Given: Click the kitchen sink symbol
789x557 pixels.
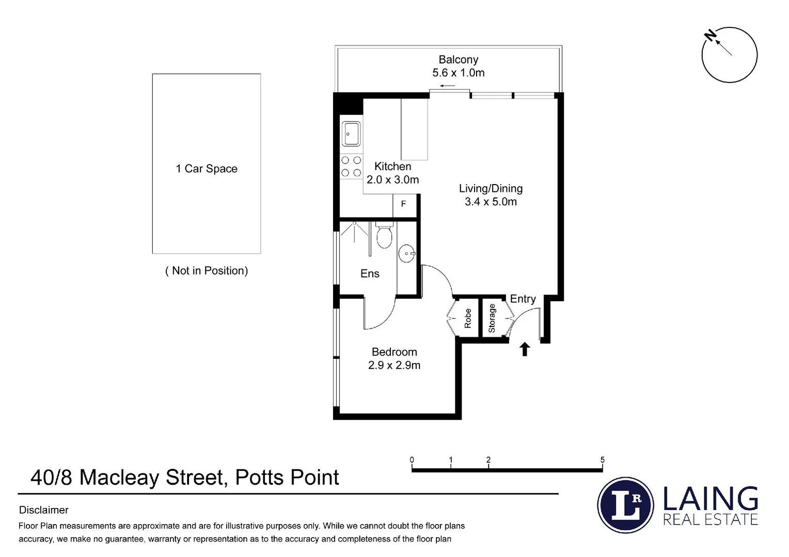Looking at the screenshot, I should (351, 134).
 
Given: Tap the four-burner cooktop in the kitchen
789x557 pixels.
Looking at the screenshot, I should (351, 167).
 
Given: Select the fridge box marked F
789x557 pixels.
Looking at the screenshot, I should (403, 204).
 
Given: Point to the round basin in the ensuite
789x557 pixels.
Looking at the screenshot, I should (407, 253).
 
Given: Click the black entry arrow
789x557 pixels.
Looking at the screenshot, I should (525, 349).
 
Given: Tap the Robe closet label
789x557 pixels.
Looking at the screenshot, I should (468, 318).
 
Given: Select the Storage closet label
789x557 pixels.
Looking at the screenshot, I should (492, 318).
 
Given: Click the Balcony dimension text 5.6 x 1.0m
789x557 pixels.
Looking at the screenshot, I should (459, 73).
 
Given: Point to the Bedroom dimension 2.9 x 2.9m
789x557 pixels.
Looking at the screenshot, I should (394, 365).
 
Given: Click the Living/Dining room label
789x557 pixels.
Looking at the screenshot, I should (491, 189).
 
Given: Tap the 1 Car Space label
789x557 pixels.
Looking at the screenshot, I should (207, 169).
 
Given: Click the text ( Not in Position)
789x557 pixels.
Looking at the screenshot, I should (207, 271).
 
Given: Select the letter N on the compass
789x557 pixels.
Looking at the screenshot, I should (712, 36).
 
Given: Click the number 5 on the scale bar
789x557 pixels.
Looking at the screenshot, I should (602, 460).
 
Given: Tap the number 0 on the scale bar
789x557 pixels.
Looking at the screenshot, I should (412, 460).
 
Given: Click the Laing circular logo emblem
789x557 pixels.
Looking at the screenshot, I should (625, 505).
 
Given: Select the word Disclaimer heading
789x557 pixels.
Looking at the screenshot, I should (44, 510).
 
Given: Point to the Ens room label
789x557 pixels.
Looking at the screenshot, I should (370, 274).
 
